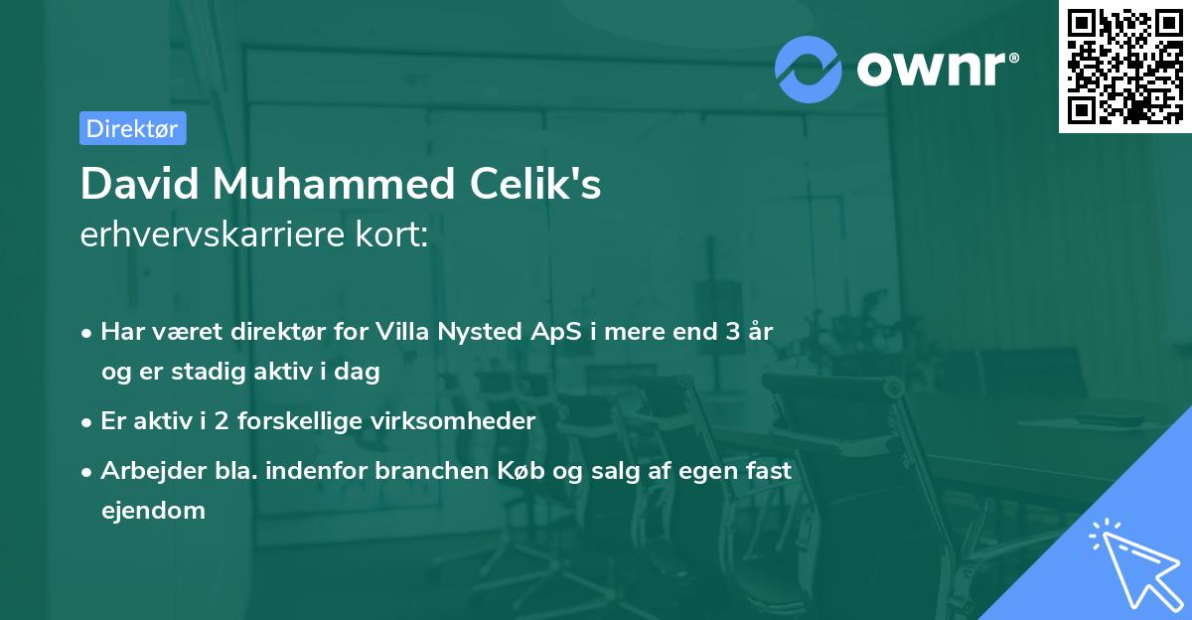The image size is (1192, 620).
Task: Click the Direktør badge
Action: click(x=132, y=128)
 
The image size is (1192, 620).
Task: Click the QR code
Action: click(x=1123, y=66)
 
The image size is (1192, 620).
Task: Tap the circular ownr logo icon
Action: click(x=809, y=69)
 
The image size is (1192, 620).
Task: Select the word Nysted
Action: click(x=480, y=332)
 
